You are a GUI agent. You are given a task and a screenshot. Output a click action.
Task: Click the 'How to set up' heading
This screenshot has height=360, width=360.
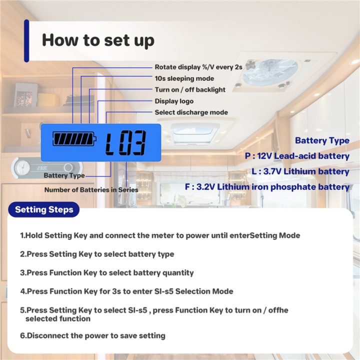(98, 40)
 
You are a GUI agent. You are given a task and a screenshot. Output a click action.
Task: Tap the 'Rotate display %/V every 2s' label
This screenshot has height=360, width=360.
(198, 67)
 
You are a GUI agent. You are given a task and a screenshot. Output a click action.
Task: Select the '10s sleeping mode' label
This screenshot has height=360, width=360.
(184, 78)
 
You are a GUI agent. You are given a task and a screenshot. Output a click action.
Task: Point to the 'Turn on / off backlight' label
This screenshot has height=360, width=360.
(190, 89)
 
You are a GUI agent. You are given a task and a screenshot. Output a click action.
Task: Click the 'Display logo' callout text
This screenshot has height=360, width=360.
(174, 101)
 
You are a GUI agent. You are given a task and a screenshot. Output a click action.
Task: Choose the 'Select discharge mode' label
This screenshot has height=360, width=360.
(191, 112)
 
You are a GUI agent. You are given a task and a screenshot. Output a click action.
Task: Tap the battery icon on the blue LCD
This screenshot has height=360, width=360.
(74, 138)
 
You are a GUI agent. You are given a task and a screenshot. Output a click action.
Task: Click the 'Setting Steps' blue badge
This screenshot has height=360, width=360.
(44, 209)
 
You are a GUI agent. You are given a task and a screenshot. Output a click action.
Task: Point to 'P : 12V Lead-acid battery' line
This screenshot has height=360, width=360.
(297, 156)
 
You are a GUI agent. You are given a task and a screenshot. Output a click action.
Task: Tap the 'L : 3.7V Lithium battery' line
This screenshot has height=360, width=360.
(300, 171)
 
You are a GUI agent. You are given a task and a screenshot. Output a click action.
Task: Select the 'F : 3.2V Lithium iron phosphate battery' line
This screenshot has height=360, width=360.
(267, 187)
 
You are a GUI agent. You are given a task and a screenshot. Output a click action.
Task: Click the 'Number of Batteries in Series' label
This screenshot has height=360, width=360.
(91, 190)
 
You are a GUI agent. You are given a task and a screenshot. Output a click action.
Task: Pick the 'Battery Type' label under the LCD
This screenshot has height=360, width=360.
(64, 175)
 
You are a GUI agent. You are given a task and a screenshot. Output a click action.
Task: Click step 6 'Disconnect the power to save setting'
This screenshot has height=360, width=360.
(93, 335)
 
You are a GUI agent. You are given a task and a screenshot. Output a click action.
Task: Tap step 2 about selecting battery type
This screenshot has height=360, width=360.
(97, 254)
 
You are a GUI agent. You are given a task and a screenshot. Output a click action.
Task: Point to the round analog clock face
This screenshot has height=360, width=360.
(22, 167)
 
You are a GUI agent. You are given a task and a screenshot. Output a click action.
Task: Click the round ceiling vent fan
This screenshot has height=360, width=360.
(270, 72)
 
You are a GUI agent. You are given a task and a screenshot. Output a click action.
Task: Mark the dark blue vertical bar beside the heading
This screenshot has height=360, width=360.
(26, 41)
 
